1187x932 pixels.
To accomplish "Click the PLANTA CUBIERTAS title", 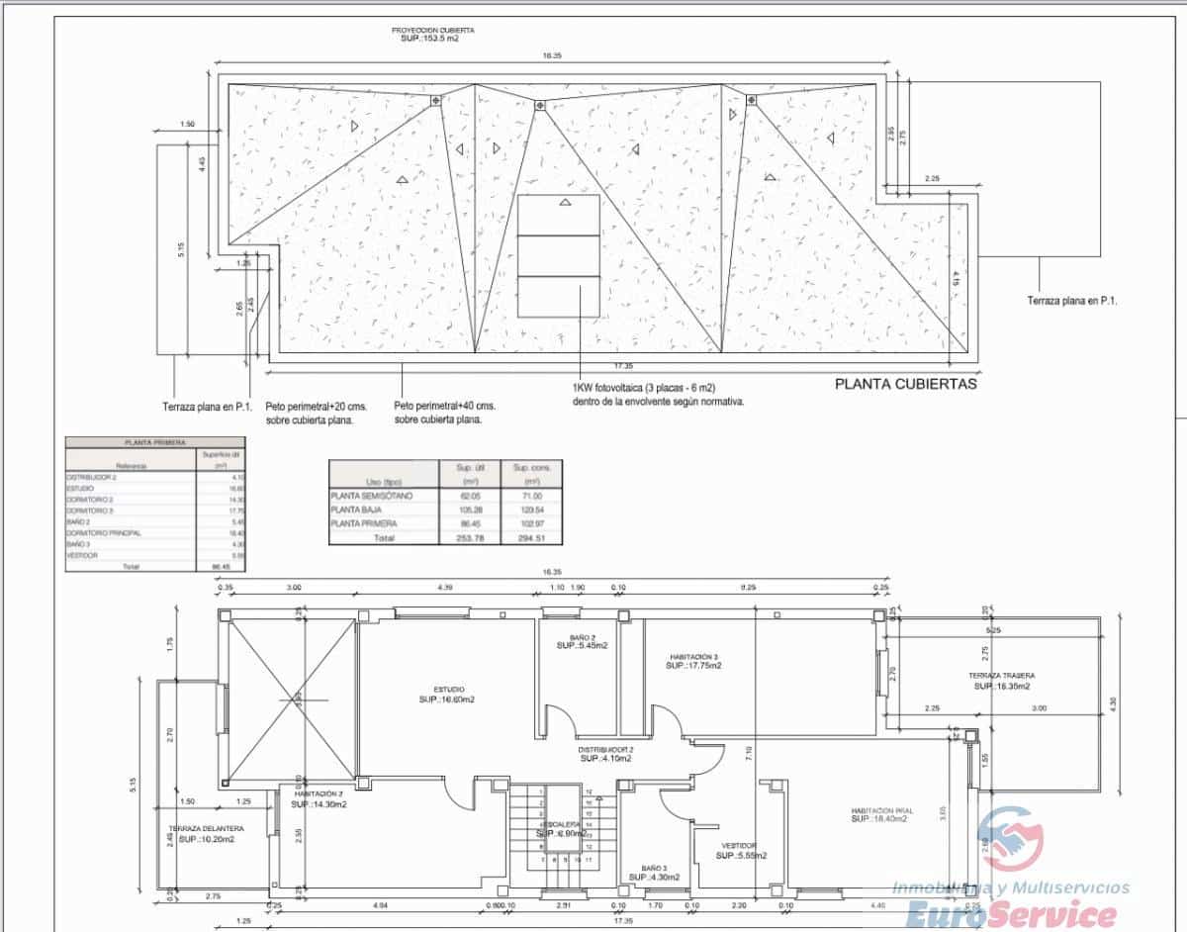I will click(905, 384).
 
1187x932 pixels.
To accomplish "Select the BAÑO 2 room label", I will click(582, 637).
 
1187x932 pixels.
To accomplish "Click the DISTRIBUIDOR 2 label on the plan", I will click(605, 750).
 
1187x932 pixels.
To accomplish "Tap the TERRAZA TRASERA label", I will click(1001, 676).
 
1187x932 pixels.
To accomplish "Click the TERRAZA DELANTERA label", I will click(206, 828).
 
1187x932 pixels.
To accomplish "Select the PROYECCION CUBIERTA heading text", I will click(431, 31).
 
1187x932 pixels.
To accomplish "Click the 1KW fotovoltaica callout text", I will click(657, 389).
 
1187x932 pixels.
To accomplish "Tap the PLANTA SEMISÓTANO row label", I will click(372, 495).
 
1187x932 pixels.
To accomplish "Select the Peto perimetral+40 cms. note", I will click(444, 407).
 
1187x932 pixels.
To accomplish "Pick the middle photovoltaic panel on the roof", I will click(559, 255).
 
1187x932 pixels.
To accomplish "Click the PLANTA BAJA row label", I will click(359, 510).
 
